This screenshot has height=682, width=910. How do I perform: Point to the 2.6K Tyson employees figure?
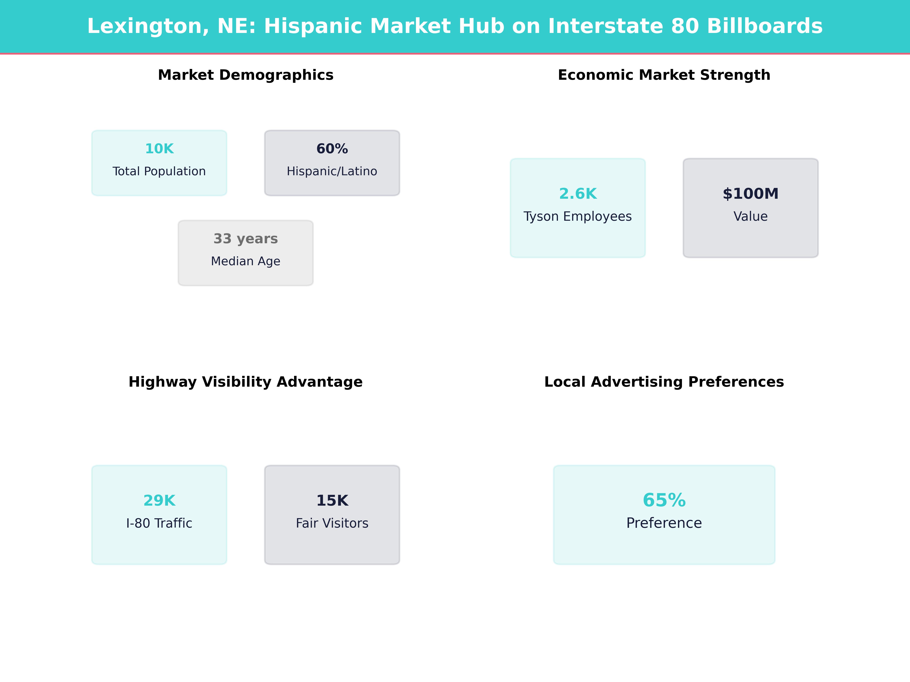pos(578,194)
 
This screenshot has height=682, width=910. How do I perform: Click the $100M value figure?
pos(750,194)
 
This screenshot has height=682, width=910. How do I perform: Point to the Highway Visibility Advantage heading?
pos(246,382)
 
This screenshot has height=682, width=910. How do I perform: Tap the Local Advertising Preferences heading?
pos(664,382)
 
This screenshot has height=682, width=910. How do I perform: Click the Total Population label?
pos(159,171)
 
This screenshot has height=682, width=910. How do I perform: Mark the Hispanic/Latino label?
pos(332,171)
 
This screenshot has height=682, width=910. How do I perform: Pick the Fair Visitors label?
pos(332,523)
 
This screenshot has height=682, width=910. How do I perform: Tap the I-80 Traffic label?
pos(159,523)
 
